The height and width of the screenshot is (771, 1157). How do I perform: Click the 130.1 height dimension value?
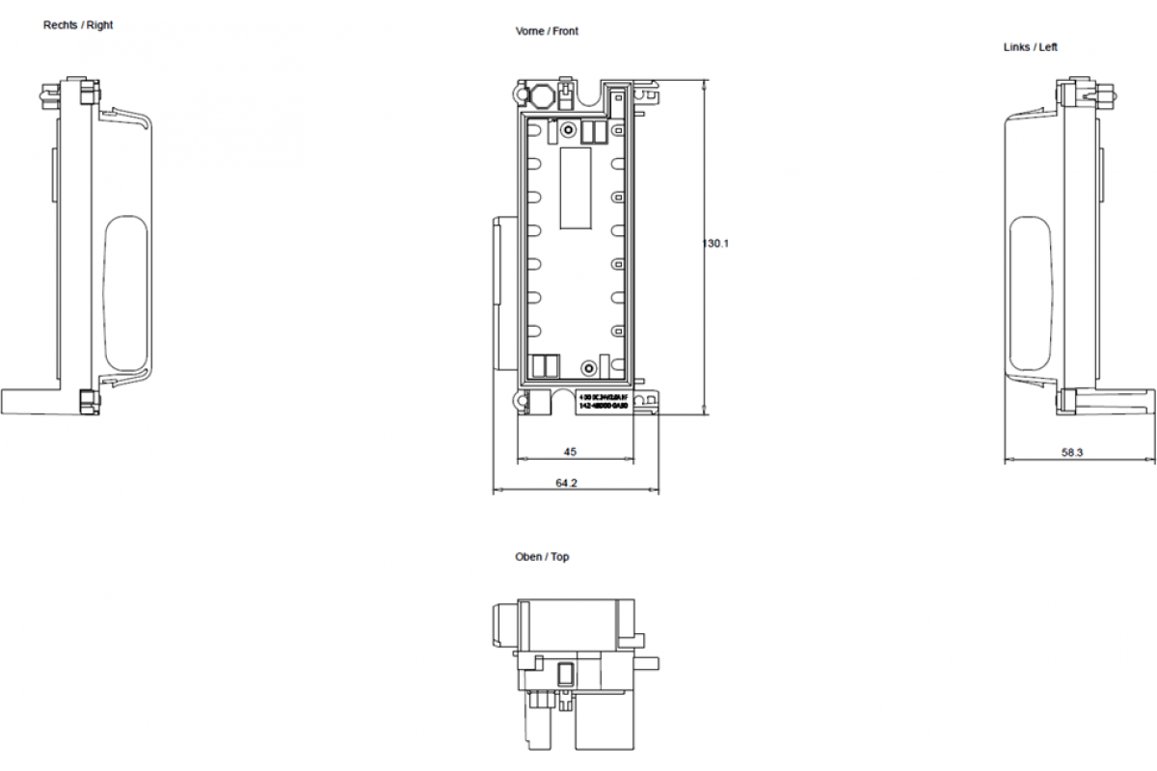[715, 244]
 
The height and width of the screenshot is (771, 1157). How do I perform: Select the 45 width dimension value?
[570, 450]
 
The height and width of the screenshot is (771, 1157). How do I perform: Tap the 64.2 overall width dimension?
[566, 483]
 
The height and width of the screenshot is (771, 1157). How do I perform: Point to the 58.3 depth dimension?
[1072, 451]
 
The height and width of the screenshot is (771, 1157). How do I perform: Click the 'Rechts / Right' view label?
[78, 25]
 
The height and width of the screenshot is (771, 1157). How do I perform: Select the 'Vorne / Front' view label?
[547, 32]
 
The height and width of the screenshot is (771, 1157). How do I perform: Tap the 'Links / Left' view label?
[1030, 46]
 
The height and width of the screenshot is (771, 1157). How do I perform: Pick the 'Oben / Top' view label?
[542, 557]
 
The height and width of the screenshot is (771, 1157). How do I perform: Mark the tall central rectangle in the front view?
[576, 188]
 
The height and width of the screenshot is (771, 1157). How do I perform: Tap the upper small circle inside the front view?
[569, 129]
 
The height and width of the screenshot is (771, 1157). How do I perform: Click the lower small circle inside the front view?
[587, 367]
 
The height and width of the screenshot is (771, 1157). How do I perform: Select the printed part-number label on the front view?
[603, 402]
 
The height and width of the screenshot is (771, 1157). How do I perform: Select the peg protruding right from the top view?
[648, 662]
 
